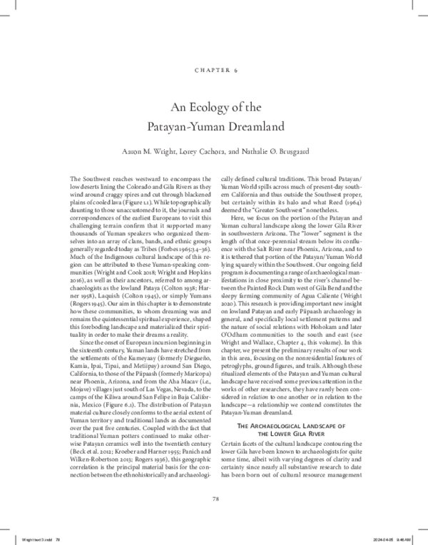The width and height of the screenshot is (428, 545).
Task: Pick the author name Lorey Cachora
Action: [x=218, y=153]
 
